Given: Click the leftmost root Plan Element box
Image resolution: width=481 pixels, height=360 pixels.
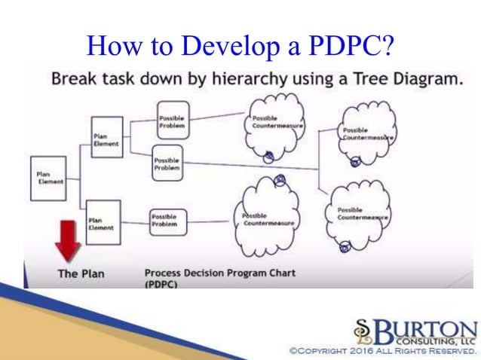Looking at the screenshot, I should pyautogui.click(x=48, y=178).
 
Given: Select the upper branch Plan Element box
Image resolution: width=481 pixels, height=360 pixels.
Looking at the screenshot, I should pyautogui.click(x=106, y=138).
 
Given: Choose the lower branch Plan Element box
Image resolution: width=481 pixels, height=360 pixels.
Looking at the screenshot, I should pyautogui.click(x=103, y=221).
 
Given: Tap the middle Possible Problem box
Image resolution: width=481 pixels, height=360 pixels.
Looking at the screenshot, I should pyautogui.click(x=167, y=163).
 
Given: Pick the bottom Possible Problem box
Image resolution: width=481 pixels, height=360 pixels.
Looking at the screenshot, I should pyautogui.click(x=167, y=221).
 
